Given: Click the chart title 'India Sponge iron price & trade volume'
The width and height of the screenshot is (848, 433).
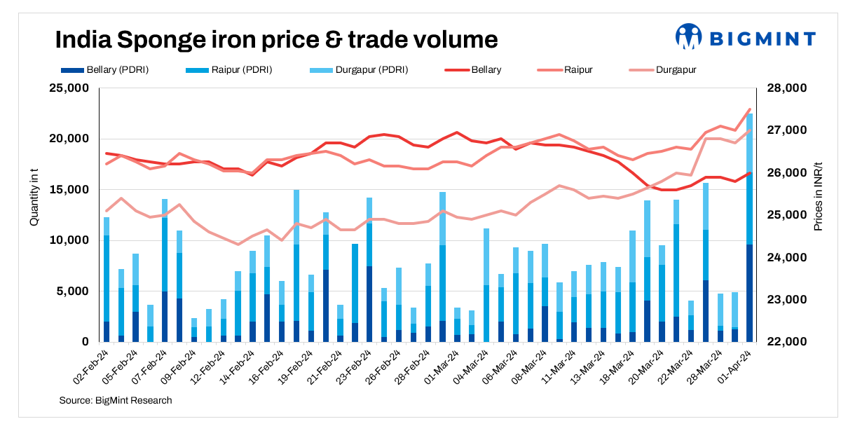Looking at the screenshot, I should tap(276, 39).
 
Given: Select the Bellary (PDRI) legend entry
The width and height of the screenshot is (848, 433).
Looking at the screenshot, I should tap(105, 70).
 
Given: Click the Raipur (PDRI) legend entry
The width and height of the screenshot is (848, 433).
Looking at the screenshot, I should tap(228, 70).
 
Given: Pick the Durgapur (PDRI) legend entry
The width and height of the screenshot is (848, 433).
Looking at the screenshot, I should tap(358, 70).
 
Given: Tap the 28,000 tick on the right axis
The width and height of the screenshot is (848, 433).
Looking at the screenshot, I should tap(788, 88).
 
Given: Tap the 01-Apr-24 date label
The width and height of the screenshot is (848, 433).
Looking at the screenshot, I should tap(737, 364).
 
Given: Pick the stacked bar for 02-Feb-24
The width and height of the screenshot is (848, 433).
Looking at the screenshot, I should tap(107, 280).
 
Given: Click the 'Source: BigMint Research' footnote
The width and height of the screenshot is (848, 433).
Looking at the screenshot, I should tap(115, 400).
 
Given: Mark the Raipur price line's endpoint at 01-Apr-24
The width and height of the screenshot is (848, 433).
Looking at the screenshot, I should tap(749, 109).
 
